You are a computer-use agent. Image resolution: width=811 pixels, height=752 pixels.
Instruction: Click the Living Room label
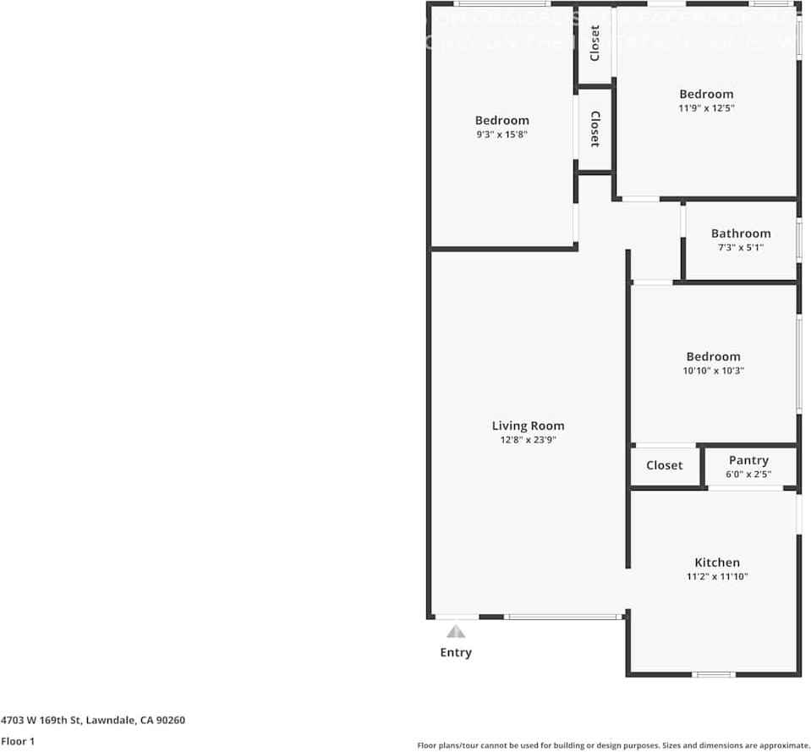(x=528, y=425)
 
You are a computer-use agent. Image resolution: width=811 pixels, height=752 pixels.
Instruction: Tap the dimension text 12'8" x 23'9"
(x=528, y=440)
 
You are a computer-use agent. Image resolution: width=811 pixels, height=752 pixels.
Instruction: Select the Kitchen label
(x=717, y=563)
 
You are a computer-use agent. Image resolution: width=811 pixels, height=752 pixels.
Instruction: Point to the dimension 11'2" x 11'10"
(x=717, y=577)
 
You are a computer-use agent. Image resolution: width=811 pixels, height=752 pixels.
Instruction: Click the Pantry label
(x=748, y=460)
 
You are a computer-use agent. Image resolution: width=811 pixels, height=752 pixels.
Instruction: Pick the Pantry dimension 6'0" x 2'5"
(x=748, y=475)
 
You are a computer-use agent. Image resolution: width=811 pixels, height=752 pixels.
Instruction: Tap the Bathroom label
(x=741, y=233)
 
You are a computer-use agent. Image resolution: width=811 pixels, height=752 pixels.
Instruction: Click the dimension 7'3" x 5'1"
(x=741, y=248)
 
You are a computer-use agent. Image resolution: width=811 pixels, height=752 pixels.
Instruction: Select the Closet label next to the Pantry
(x=664, y=465)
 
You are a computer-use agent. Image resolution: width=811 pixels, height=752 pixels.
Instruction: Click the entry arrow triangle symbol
(x=456, y=631)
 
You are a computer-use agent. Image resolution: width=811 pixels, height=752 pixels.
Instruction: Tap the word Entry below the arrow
(x=456, y=652)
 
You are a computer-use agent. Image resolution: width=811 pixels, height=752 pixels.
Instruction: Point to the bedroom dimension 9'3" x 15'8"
(x=501, y=134)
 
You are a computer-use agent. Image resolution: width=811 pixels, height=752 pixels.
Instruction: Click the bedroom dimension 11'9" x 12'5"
(x=706, y=108)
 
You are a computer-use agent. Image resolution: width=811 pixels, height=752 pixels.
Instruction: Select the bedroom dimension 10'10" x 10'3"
(x=713, y=371)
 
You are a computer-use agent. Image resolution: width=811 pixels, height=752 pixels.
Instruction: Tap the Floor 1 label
(x=18, y=741)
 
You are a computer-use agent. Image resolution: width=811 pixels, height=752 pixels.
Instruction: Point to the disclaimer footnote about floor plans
(x=613, y=745)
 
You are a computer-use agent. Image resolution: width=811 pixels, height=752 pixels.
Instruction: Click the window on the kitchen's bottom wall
(x=714, y=674)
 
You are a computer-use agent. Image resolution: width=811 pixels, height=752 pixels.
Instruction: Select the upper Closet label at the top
(x=595, y=43)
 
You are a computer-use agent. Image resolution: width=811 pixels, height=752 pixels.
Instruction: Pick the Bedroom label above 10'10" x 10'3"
(x=713, y=357)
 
